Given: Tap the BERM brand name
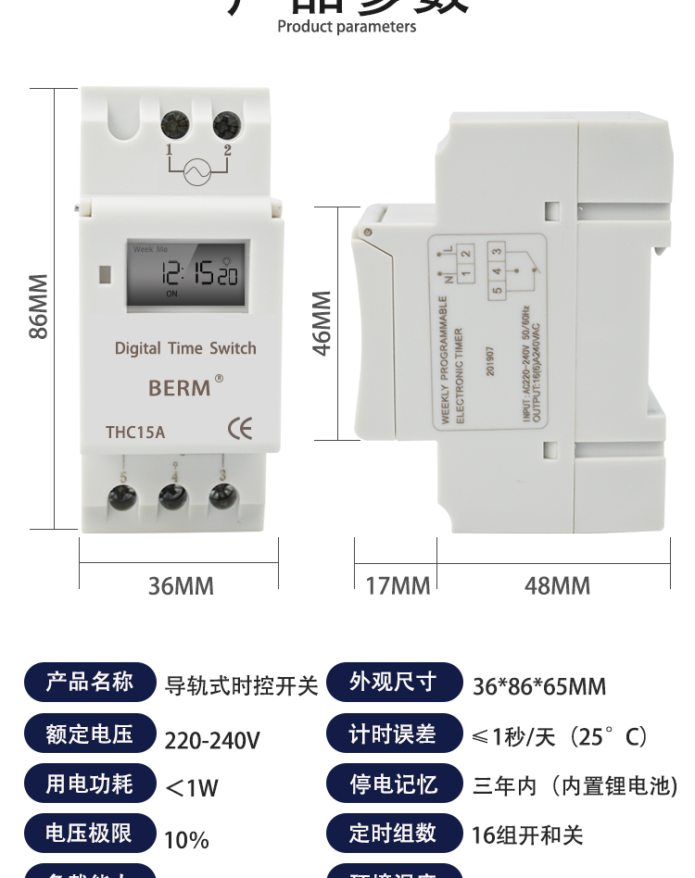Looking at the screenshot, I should [x=180, y=388].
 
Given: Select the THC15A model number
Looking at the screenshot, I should [x=135, y=432].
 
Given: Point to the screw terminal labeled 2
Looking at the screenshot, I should [x=225, y=124].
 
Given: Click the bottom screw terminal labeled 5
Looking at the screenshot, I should [x=122, y=497].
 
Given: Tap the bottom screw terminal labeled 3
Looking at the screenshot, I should [x=222, y=497].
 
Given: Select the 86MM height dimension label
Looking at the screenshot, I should [x=38, y=307].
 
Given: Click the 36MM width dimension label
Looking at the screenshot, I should [x=181, y=586].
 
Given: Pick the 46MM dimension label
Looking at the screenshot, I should [x=322, y=323].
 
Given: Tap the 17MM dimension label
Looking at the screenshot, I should [x=398, y=586].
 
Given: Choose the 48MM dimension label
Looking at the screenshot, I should [x=557, y=586].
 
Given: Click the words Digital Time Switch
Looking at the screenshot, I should [x=185, y=348].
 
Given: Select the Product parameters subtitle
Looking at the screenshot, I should [x=347, y=27].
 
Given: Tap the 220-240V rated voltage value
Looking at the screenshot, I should [x=212, y=741].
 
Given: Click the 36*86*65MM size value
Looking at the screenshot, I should [x=539, y=687].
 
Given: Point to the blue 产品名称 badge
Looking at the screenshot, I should [x=90, y=683].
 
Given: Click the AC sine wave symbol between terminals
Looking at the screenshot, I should [x=197, y=171].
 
